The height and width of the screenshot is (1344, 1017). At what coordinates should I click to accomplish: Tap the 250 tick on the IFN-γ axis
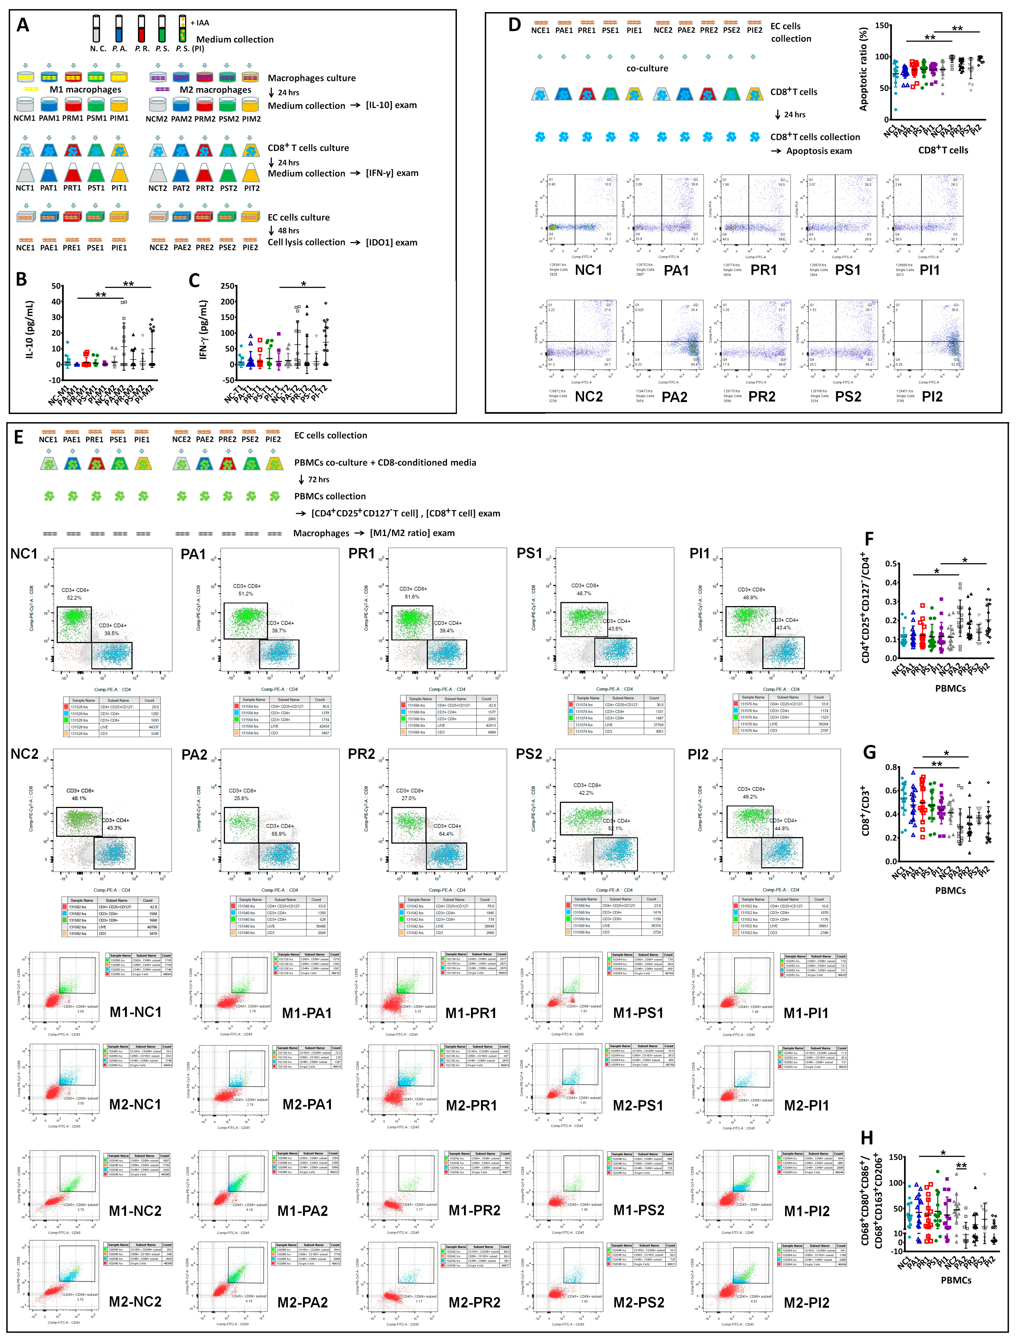[228, 286]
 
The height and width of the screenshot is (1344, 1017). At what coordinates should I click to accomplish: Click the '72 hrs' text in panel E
[318, 479]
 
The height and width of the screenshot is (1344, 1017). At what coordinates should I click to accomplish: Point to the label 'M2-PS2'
[639, 1303]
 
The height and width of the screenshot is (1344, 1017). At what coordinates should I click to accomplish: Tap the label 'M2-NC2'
[135, 1302]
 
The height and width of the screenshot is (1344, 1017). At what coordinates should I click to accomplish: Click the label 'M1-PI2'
[806, 1211]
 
